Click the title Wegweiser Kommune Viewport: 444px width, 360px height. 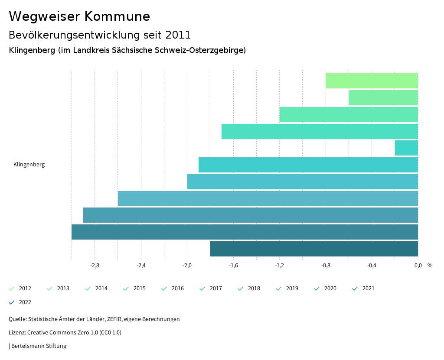pos(79,16)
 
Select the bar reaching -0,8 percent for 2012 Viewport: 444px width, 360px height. pos(372,81)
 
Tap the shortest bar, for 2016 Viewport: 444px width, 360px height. pos(406,148)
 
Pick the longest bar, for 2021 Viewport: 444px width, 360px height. pos(245,232)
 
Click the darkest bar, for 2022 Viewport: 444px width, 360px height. pos(314,249)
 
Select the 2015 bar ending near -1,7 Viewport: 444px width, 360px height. pos(320,131)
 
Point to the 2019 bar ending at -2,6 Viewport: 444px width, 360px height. pos(268,198)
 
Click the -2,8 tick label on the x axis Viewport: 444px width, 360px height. pos(95,266)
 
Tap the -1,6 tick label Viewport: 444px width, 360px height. pos(233,266)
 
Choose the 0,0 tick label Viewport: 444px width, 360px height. pos(418,266)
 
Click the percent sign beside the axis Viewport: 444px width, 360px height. pos(430,266)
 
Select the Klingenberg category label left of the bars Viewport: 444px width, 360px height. pos(29,165)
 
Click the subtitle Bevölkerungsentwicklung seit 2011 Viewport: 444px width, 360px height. pos(100,35)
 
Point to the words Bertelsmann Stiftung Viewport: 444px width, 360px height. pos(39,346)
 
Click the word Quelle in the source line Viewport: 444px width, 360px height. pos(17,319)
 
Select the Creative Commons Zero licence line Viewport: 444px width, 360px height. pos(65,333)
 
